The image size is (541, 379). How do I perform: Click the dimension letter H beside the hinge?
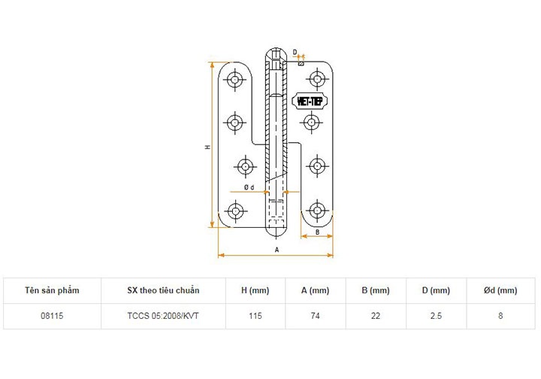pos(207,147)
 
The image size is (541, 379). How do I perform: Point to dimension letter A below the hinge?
pos(277,248)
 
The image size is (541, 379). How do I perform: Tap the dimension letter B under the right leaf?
pos(317,232)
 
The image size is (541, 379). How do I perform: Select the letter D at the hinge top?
pos(295,53)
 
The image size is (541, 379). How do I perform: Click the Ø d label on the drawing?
pos(249,186)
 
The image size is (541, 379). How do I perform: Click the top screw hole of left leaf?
pos(236,79)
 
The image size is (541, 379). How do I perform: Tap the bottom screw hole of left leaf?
pos(236,210)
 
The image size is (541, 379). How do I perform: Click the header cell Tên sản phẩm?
pos(52,290)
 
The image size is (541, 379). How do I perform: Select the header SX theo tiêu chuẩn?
pos(163,290)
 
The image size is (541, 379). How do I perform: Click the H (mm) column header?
pos(255,290)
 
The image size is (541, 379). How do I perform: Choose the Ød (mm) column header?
pos(500,290)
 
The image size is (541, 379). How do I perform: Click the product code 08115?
pos(52,316)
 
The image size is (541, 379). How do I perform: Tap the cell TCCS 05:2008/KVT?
pos(163,316)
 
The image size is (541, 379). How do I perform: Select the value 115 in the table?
pos(255,316)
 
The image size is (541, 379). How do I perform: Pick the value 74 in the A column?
pos(315,316)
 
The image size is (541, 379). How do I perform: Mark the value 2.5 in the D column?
pos(435,316)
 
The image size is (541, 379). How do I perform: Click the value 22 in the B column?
pos(375,316)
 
